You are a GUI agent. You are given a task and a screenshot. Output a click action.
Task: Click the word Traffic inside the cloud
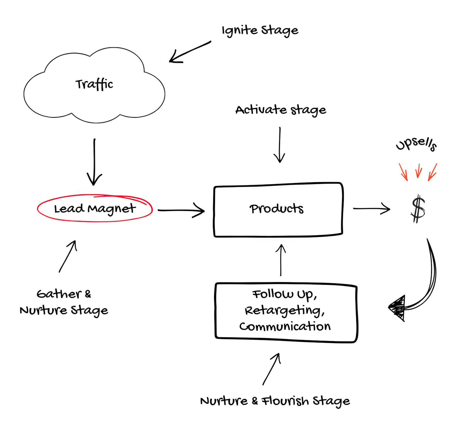94,84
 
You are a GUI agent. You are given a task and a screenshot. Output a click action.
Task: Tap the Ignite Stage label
260,31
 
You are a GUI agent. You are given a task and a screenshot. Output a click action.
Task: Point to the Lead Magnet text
95,209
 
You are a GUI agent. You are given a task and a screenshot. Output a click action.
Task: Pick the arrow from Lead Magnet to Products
181,210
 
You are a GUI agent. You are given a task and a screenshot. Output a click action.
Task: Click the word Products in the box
276,209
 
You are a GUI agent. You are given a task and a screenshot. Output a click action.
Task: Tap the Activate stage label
281,110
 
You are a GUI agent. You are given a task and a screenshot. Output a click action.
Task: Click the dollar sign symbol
418,209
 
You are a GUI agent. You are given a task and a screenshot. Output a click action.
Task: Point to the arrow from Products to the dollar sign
372,209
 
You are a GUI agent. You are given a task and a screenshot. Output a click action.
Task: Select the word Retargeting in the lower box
285,311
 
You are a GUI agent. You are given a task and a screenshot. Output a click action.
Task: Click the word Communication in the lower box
285,327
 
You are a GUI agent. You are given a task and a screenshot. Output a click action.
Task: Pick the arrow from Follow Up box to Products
281,260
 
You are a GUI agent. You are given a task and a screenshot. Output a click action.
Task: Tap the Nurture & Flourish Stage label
275,401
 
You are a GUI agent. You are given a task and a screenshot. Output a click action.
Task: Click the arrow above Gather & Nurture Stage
68,256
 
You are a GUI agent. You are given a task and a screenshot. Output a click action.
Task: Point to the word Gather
59,294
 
